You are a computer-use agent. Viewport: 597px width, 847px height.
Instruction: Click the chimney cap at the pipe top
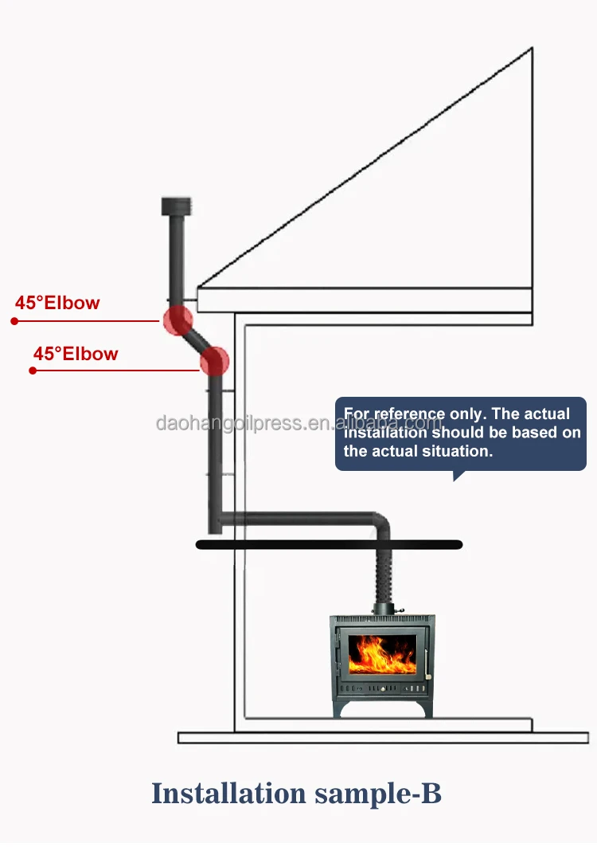click(x=174, y=206)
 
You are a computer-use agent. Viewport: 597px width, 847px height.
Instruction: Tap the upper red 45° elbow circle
click(x=178, y=320)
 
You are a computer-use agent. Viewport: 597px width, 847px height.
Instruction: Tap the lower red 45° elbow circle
click(x=214, y=361)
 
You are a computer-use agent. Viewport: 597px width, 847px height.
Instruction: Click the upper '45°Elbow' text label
click(x=57, y=303)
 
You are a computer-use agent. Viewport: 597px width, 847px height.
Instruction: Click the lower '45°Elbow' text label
click(x=76, y=354)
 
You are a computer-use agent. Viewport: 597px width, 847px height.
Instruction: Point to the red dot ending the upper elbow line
click(x=14, y=321)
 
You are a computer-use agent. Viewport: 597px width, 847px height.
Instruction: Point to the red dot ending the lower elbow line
click(x=33, y=371)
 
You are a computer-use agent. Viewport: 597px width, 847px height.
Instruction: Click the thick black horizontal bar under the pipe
click(x=329, y=544)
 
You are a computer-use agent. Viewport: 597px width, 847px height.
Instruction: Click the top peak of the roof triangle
click(x=531, y=49)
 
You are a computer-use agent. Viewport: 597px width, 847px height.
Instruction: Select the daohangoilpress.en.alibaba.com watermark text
click(x=298, y=423)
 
